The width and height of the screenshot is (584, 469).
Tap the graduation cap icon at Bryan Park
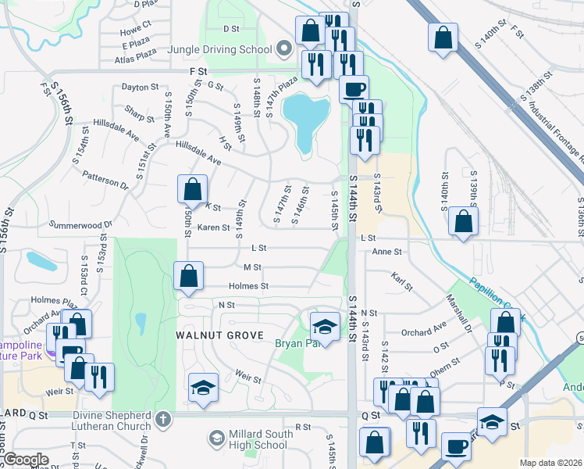(324, 324)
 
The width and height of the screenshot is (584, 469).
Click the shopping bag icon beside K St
(192, 189)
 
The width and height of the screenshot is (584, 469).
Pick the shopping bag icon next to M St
(188, 276)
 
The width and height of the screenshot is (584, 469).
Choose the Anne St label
(386, 252)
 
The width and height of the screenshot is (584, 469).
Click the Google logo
(27, 460)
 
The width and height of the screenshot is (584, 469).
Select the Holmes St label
(248, 286)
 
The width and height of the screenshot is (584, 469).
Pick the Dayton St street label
(140, 88)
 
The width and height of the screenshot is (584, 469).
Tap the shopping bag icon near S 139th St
(464, 221)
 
